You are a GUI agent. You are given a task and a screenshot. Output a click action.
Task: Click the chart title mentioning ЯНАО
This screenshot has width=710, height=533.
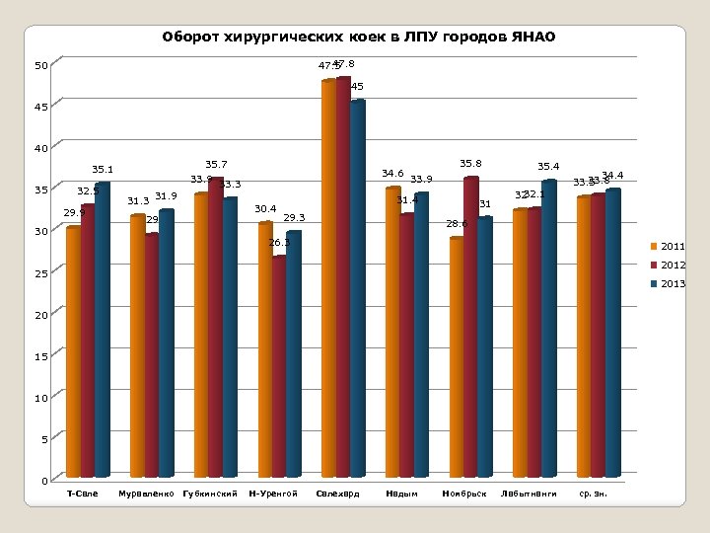pos(359,38)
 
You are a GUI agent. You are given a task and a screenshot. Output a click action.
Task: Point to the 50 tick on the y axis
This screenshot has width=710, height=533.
pos(40,66)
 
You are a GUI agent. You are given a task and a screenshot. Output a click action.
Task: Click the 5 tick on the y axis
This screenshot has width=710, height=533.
pos(43,439)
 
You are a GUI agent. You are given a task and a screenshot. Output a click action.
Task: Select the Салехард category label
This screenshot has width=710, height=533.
pos(337,493)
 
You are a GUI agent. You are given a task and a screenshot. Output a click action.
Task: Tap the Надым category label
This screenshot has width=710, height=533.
pos(401,493)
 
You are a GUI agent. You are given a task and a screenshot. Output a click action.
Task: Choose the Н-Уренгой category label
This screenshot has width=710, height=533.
pos(273,493)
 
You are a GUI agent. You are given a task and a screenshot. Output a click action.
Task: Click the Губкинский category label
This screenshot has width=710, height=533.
pos(210,493)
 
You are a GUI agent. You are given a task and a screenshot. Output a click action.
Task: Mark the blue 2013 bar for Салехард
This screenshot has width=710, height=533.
pos(358,286)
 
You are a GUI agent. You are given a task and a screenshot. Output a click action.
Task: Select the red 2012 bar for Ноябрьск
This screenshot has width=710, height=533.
pos(470,326)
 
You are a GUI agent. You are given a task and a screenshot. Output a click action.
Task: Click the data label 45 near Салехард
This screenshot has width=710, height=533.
pos(357,88)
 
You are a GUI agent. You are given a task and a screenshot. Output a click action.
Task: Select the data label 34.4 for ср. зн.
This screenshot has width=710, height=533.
pos(611,175)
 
